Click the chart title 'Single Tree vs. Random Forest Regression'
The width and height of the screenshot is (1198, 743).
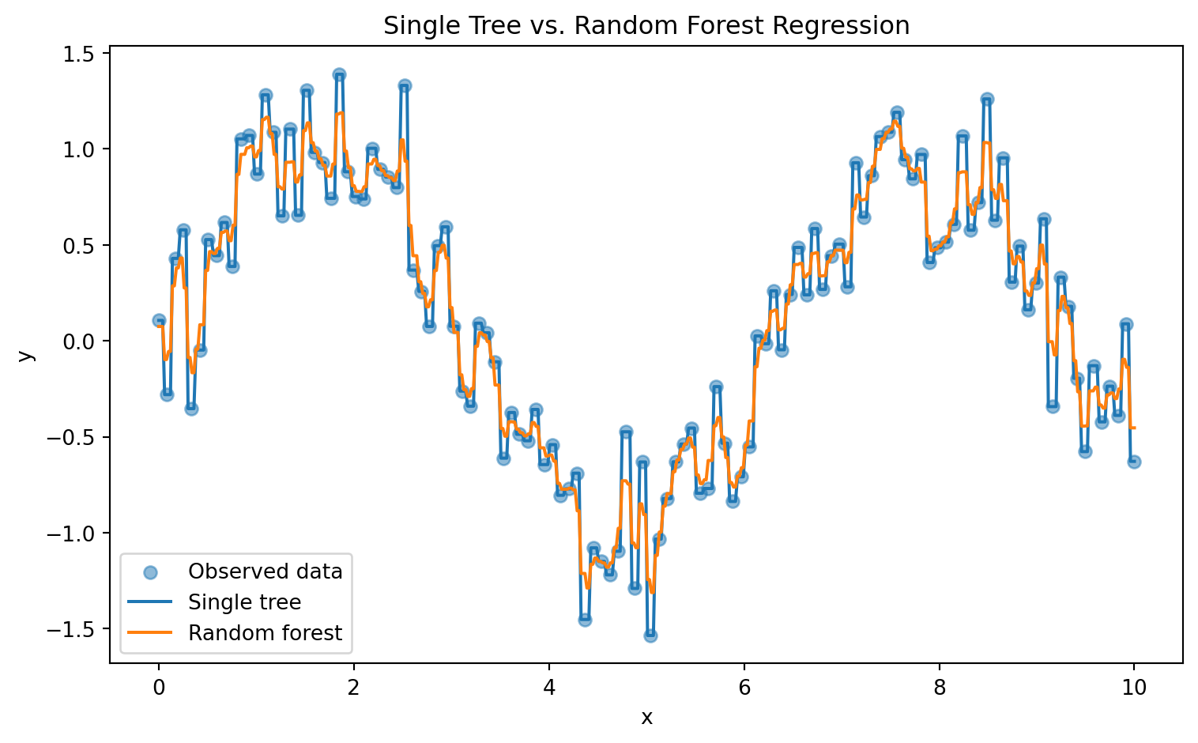pyautogui.click(x=646, y=25)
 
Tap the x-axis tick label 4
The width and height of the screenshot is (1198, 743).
pyautogui.click(x=549, y=688)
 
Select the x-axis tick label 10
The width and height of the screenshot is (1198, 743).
pyautogui.click(x=1134, y=688)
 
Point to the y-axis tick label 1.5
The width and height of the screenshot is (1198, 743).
pyautogui.click(x=78, y=54)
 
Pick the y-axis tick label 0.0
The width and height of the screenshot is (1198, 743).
pyautogui.click(x=78, y=341)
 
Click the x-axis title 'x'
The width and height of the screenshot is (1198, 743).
pyautogui.click(x=646, y=718)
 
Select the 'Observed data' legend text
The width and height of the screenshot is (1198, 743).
pyautogui.click(x=266, y=571)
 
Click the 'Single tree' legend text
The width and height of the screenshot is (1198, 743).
pyautogui.click(x=244, y=602)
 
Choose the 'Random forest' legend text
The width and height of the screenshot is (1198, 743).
pyautogui.click(x=265, y=633)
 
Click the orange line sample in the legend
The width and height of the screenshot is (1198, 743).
pyautogui.click(x=150, y=633)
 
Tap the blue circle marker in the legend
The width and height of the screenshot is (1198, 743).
pyautogui.click(x=150, y=572)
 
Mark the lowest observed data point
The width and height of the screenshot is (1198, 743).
pyautogui.click(x=650, y=636)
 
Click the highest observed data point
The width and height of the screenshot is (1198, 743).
pyautogui.click(x=339, y=74)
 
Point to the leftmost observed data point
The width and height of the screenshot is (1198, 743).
pyautogui.click(x=159, y=320)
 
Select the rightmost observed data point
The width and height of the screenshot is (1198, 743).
pyautogui.click(x=1134, y=462)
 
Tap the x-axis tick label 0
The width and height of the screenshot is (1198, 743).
pyautogui.click(x=159, y=688)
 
